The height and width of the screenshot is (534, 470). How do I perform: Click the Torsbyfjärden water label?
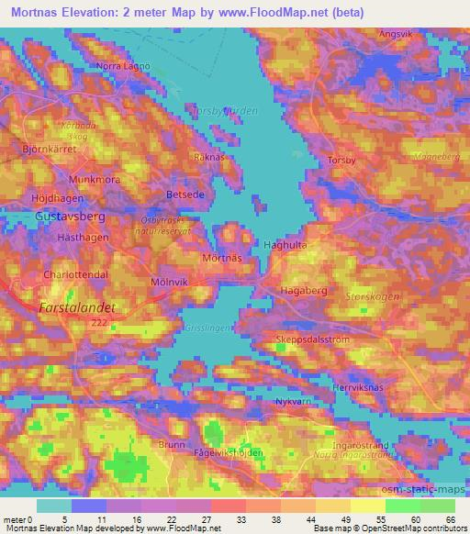coord(223,110)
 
